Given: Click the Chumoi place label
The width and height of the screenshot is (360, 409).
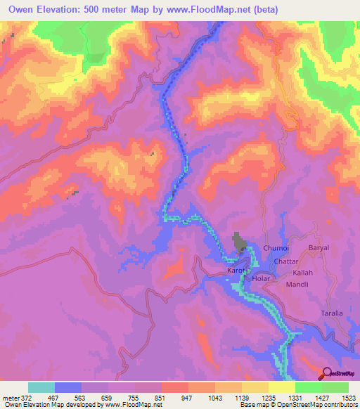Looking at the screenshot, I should tap(276, 248).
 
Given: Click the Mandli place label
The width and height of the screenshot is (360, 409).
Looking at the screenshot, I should tap(298, 285).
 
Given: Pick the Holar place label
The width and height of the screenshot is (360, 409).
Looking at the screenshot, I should tap(262, 279).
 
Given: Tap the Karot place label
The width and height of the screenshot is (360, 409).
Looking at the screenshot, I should tap(235, 271).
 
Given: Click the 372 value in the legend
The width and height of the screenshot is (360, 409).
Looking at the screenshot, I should tap(24, 398).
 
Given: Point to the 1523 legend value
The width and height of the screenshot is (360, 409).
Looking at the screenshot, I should tap(348, 398).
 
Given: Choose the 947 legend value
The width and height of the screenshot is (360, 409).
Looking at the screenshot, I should tap(186, 398).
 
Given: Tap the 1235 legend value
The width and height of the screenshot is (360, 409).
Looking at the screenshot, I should tap(266, 398).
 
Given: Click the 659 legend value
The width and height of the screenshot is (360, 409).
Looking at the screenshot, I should tap(105, 398).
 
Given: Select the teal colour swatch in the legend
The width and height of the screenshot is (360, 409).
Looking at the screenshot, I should tap(41, 387).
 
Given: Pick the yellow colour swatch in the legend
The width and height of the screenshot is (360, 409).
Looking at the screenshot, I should tap(281, 387).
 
